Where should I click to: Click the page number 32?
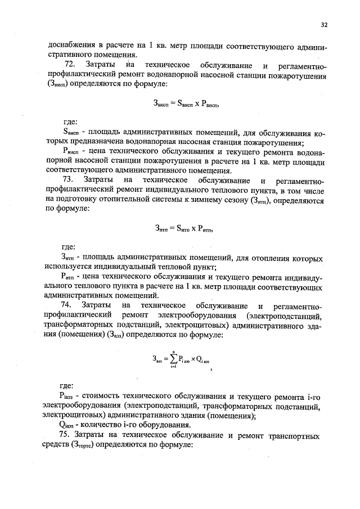pos(324,24)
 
